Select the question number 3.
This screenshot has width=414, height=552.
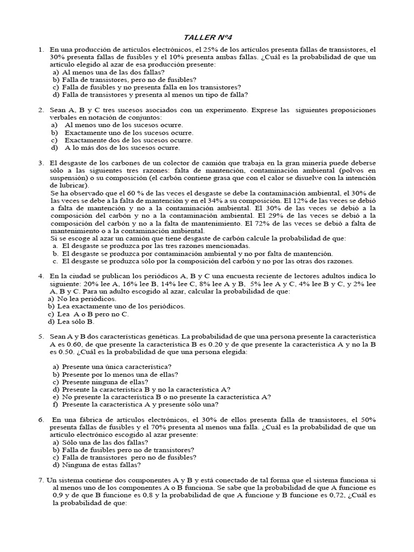[40, 162]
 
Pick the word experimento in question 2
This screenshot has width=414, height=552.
[222, 110]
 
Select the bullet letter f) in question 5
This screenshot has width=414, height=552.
[55, 404]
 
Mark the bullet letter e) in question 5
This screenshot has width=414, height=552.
[55, 396]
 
